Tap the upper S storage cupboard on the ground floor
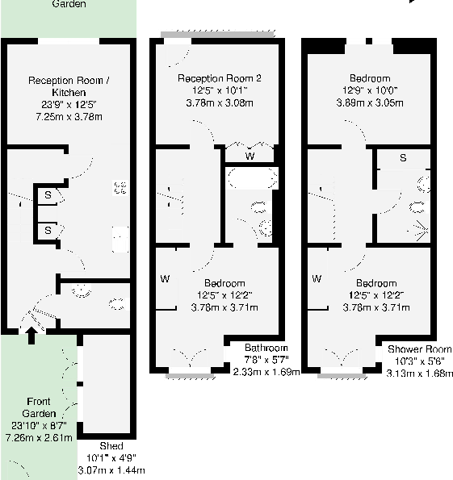[x=48, y=195]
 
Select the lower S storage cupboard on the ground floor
[x=48, y=230]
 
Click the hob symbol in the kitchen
[x=120, y=188]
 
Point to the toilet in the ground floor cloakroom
[x=116, y=305]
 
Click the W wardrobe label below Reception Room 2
[x=250, y=155]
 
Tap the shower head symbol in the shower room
[x=419, y=230]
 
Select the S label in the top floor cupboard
[x=403, y=157]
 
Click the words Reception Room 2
[x=220, y=78]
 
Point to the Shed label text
[x=111, y=446]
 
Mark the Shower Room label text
[x=418, y=349]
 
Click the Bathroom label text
[x=266, y=349]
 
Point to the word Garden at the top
[x=69, y=4]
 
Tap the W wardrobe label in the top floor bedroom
[x=317, y=278]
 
